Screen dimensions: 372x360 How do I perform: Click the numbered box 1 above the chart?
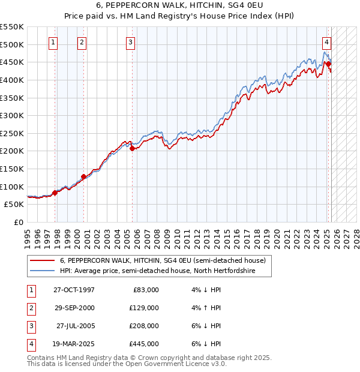click(x=54, y=42)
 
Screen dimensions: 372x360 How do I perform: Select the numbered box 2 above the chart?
click(x=82, y=42)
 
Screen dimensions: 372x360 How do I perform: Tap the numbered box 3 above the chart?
click(x=130, y=42)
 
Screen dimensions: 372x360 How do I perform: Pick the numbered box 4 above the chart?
click(x=326, y=42)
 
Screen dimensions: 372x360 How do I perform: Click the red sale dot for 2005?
click(x=133, y=148)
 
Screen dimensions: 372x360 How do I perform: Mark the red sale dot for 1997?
click(x=55, y=193)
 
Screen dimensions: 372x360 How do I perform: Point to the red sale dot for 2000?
click(x=83, y=176)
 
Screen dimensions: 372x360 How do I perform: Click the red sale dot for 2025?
click(x=328, y=64)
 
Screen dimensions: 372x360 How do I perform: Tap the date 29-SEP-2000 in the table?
click(x=74, y=308)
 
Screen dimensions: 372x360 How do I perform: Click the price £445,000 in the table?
click(x=145, y=344)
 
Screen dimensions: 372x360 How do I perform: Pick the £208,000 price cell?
click(x=145, y=326)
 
